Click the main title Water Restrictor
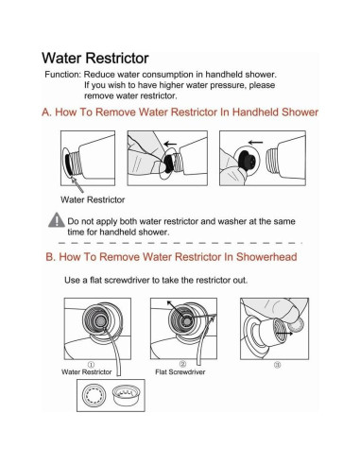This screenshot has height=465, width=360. pyautogui.click(x=95, y=58)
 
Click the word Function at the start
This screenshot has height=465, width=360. pyautogui.click(x=63, y=75)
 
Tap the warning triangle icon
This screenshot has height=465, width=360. pyautogui.click(x=57, y=220)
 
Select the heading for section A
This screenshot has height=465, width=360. pyautogui.click(x=180, y=112)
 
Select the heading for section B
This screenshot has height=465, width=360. pyautogui.click(x=171, y=257)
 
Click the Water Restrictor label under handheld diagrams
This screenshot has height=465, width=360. pyautogui.click(x=93, y=199)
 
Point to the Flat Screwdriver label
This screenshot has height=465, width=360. pyautogui.click(x=180, y=372)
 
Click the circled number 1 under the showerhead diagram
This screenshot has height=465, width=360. pyautogui.click(x=91, y=365)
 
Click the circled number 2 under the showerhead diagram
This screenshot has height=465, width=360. pyautogui.click(x=182, y=364)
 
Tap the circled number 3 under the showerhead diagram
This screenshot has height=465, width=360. pyautogui.click(x=277, y=365)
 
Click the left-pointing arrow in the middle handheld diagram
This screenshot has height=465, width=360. pyautogui.click(x=170, y=145)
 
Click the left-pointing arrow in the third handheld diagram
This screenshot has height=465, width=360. pyautogui.click(x=255, y=143)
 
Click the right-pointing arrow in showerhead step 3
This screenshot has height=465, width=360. pyautogui.click(x=284, y=334)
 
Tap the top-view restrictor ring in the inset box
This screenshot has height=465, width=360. pyautogui.click(x=93, y=395)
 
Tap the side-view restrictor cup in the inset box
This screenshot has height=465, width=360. pyautogui.click(x=126, y=396)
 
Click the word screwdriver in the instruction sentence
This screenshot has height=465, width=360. pyautogui.click(x=127, y=280)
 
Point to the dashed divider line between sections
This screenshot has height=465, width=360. pyautogui.click(x=180, y=243)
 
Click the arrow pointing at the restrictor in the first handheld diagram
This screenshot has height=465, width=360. pyautogui.click(x=77, y=185)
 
